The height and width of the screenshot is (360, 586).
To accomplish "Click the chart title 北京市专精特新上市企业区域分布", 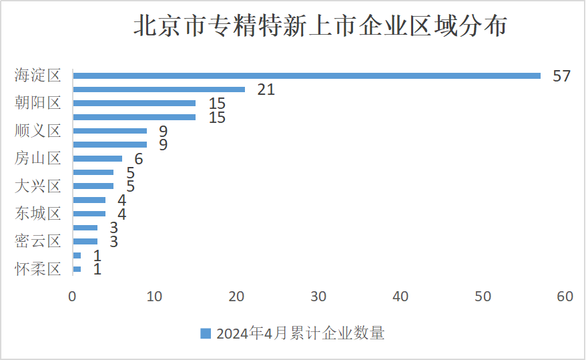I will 320,27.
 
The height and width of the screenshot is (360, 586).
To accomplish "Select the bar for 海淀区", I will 306,75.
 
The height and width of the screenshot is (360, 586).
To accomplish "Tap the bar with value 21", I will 159,89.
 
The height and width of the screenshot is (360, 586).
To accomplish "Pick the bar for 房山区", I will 97,158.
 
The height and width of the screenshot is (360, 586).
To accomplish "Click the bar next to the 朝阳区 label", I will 134,104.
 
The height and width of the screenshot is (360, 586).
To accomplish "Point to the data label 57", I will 561,75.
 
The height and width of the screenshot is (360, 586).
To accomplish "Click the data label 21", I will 266,89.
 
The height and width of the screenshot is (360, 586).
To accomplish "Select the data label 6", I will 139,159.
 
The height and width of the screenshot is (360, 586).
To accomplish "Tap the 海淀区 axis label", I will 38,75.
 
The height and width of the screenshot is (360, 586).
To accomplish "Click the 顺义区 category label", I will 38,131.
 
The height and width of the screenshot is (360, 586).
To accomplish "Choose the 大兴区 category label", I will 38,186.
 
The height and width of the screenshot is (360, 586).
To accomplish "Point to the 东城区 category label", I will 38,214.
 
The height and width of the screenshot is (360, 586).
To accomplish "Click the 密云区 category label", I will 38,241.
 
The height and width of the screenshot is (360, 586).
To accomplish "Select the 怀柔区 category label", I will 38,269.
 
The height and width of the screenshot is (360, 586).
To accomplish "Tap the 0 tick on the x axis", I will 72,297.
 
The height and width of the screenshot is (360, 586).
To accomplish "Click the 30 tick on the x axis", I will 318,297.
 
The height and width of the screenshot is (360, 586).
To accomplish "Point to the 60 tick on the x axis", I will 565,297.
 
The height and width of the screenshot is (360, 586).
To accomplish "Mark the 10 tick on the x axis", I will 154,297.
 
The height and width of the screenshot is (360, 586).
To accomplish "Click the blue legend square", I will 206,333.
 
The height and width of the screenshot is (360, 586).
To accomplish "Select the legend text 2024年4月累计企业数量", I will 300,333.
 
